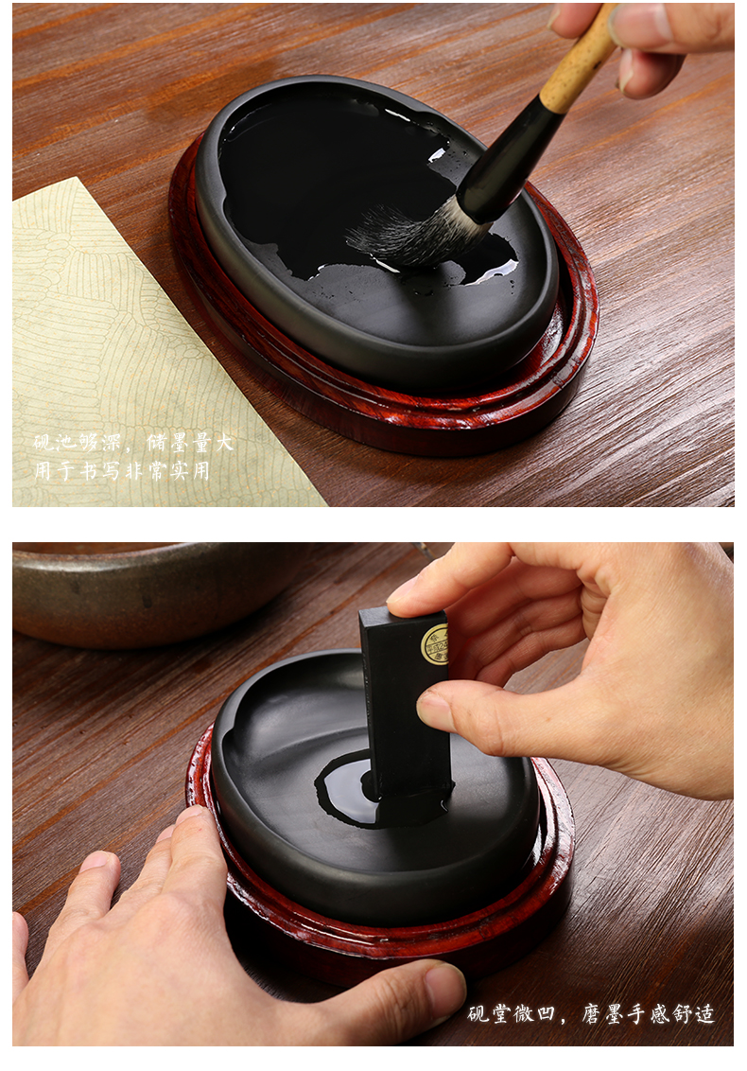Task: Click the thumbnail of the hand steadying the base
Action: pyautogui.click(x=443, y=985)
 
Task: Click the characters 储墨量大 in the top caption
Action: pyautogui.click(x=190, y=443)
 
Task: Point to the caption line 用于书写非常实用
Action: pyautogui.click(x=122, y=470)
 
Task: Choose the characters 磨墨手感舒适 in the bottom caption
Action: pyautogui.click(x=648, y=1014)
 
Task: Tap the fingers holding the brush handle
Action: pyautogui.click(x=642, y=41)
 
